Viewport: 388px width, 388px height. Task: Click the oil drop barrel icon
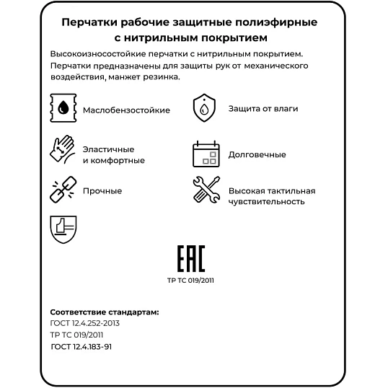[63, 110]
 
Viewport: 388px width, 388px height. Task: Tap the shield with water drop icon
[204, 109]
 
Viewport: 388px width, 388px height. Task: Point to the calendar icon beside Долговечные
[205, 154]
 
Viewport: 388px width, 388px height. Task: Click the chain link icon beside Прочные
[62, 190]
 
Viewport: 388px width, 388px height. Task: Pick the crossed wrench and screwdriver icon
[206, 190]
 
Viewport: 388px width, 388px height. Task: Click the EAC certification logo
[191, 259]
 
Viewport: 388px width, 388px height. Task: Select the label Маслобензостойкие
[126, 110]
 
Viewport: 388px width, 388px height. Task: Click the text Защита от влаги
[263, 109]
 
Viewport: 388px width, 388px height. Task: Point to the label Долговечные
[257, 154]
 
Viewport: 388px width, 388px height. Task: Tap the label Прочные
[102, 191]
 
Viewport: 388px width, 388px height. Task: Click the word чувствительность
[267, 202]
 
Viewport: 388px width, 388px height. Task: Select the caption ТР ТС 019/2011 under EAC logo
[190, 281]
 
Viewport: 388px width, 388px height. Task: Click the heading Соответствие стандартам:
[105, 312]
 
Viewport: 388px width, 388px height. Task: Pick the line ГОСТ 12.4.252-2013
[85, 323]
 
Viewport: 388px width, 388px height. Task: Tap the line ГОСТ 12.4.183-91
[81, 346]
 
